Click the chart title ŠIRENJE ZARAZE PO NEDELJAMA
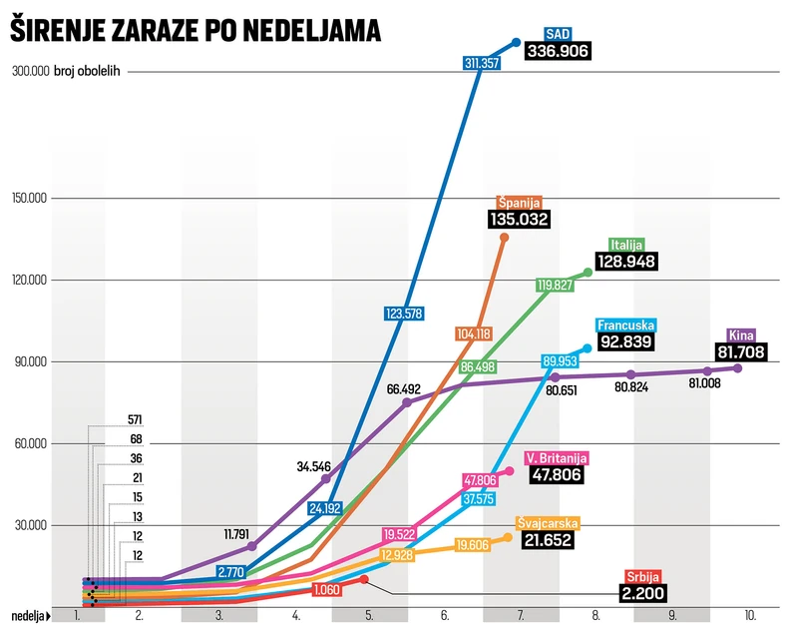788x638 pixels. click(x=196, y=32)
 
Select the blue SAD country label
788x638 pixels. click(x=560, y=33)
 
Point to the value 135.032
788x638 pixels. click(x=519, y=219)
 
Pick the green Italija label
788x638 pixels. click(x=627, y=244)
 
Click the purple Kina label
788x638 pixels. click(x=741, y=333)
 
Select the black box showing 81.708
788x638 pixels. click(x=740, y=351)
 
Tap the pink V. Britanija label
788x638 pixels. click(x=556, y=458)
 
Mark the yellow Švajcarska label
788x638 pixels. click(x=548, y=522)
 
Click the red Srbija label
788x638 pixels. click(x=638, y=576)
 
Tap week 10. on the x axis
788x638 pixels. click(x=749, y=615)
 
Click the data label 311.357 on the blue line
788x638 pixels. click(x=483, y=62)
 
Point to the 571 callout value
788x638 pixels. click(x=136, y=419)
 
